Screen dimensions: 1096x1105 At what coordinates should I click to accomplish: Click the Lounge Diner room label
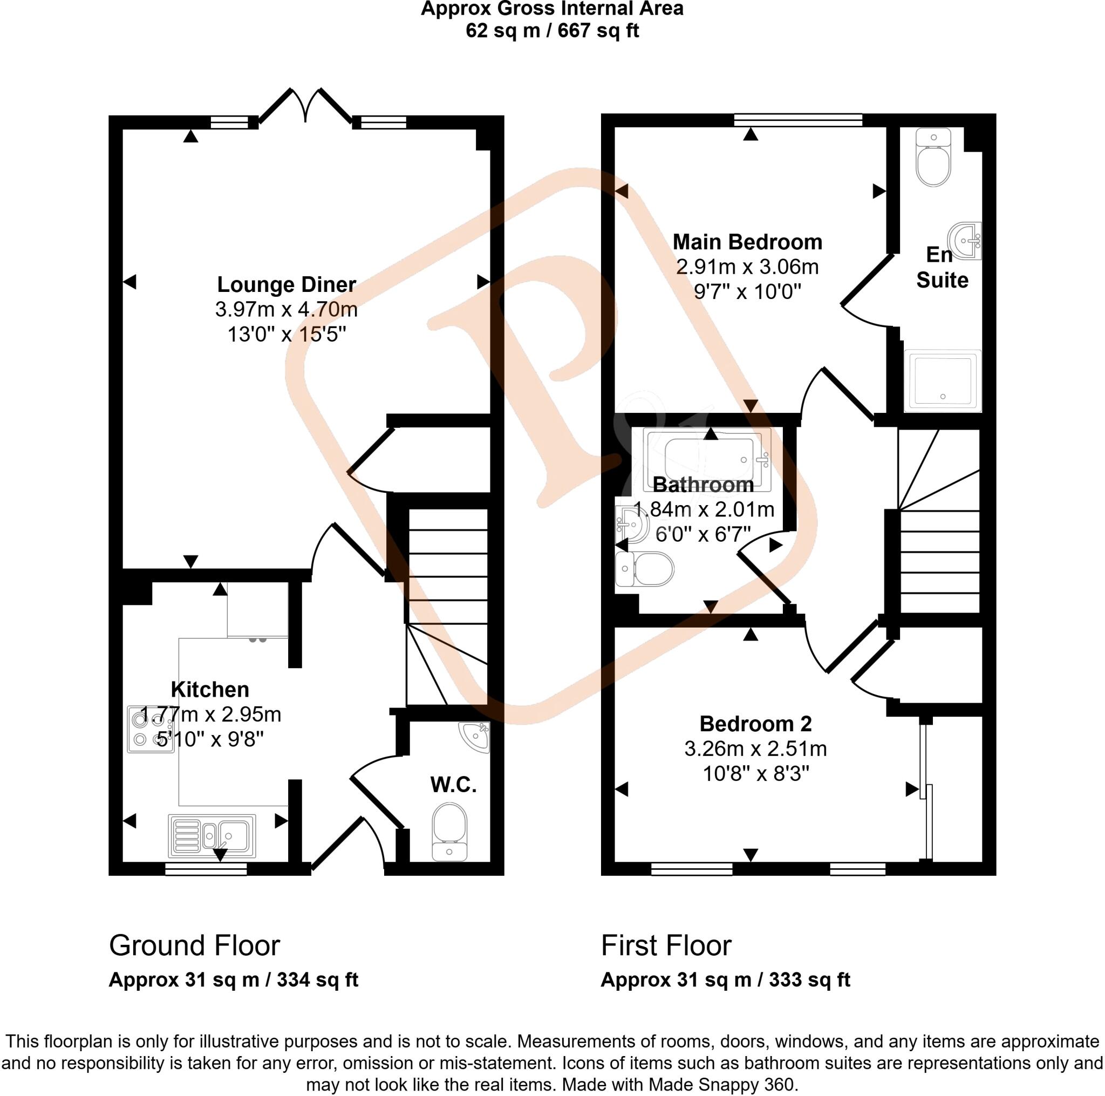(286, 284)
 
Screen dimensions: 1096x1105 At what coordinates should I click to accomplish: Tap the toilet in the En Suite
(933, 158)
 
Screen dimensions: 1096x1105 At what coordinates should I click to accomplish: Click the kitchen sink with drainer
(212, 836)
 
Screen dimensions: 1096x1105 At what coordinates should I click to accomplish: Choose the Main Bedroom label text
(747, 242)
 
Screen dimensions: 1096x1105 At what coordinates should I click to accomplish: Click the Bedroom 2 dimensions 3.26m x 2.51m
(755, 749)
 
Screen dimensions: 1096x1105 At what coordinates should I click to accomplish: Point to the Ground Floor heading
(194, 945)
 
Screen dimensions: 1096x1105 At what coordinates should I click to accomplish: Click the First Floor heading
(666, 945)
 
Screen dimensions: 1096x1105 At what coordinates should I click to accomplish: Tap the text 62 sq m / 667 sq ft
(552, 30)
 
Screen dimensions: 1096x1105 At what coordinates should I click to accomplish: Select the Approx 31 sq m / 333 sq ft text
(725, 980)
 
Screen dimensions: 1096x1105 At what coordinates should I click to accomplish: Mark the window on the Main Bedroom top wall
(798, 120)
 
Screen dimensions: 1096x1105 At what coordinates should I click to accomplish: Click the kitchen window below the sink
(206, 869)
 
